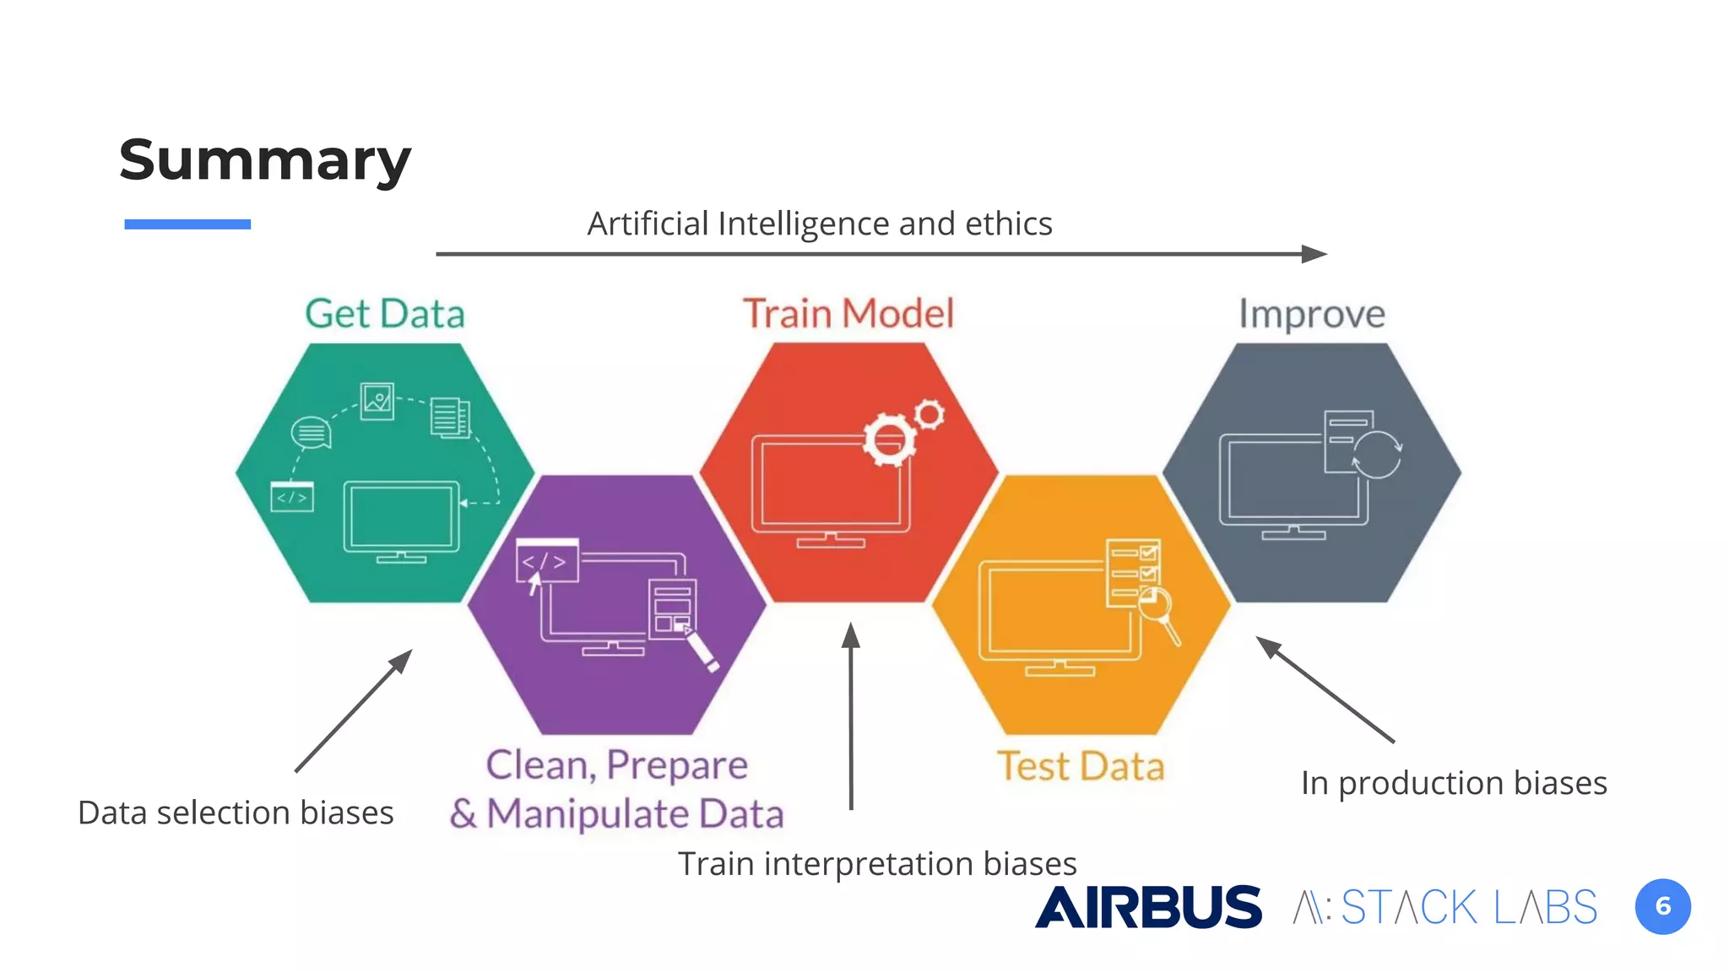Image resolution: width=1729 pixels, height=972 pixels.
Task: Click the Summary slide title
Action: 265,160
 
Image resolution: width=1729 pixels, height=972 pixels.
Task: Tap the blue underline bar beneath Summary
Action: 187,224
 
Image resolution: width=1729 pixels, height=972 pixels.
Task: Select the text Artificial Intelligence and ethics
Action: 819,224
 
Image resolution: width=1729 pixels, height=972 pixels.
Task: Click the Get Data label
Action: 385,314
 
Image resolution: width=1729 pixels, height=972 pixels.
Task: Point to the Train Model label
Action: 848,314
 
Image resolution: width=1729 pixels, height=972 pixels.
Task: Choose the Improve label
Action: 1312,314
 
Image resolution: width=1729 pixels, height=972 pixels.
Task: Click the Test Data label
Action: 1081,766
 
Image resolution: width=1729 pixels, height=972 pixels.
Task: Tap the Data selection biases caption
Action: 236,813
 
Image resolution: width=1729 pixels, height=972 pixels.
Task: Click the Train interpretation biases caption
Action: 877,863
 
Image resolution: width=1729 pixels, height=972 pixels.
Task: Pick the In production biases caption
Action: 1454,783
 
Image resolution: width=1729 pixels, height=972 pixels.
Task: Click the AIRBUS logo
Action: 1148,907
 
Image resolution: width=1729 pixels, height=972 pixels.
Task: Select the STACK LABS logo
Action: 1445,908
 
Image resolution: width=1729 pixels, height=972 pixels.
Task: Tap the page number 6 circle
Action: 1662,907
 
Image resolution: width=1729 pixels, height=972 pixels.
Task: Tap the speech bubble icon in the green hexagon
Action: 311,433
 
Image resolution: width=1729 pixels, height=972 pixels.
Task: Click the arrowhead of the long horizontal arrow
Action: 1314,254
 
